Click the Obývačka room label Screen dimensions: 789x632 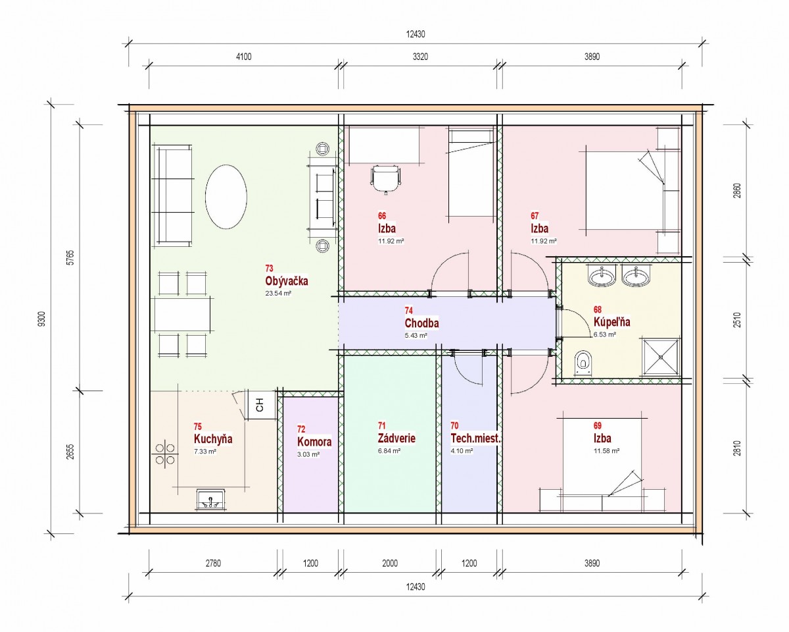click(x=287, y=281)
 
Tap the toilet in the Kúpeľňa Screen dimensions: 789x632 click(x=583, y=363)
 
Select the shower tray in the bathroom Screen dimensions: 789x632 click(x=661, y=357)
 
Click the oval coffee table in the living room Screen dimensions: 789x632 click(x=226, y=197)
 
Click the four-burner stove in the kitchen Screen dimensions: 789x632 click(x=165, y=454)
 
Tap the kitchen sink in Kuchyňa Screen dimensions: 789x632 click(x=211, y=499)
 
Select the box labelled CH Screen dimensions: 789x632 click(x=260, y=405)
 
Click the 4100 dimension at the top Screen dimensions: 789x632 click(x=243, y=57)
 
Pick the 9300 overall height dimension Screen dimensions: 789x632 click(x=42, y=319)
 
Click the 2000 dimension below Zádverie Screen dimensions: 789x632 click(x=390, y=564)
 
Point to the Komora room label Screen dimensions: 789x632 click(x=314, y=442)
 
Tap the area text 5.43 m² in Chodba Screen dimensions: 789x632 click(x=416, y=335)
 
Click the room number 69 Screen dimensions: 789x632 click(x=598, y=426)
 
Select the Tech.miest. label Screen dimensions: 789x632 click(x=475, y=438)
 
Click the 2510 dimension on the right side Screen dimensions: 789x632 click(x=737, y=319)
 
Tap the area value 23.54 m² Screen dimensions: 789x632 click(x=278, y=294)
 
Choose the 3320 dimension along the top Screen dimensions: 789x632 click(x=420, y=57)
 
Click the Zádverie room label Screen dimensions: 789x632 click(x=396, y=438)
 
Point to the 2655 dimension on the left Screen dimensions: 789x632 click(x=71, y=452)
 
